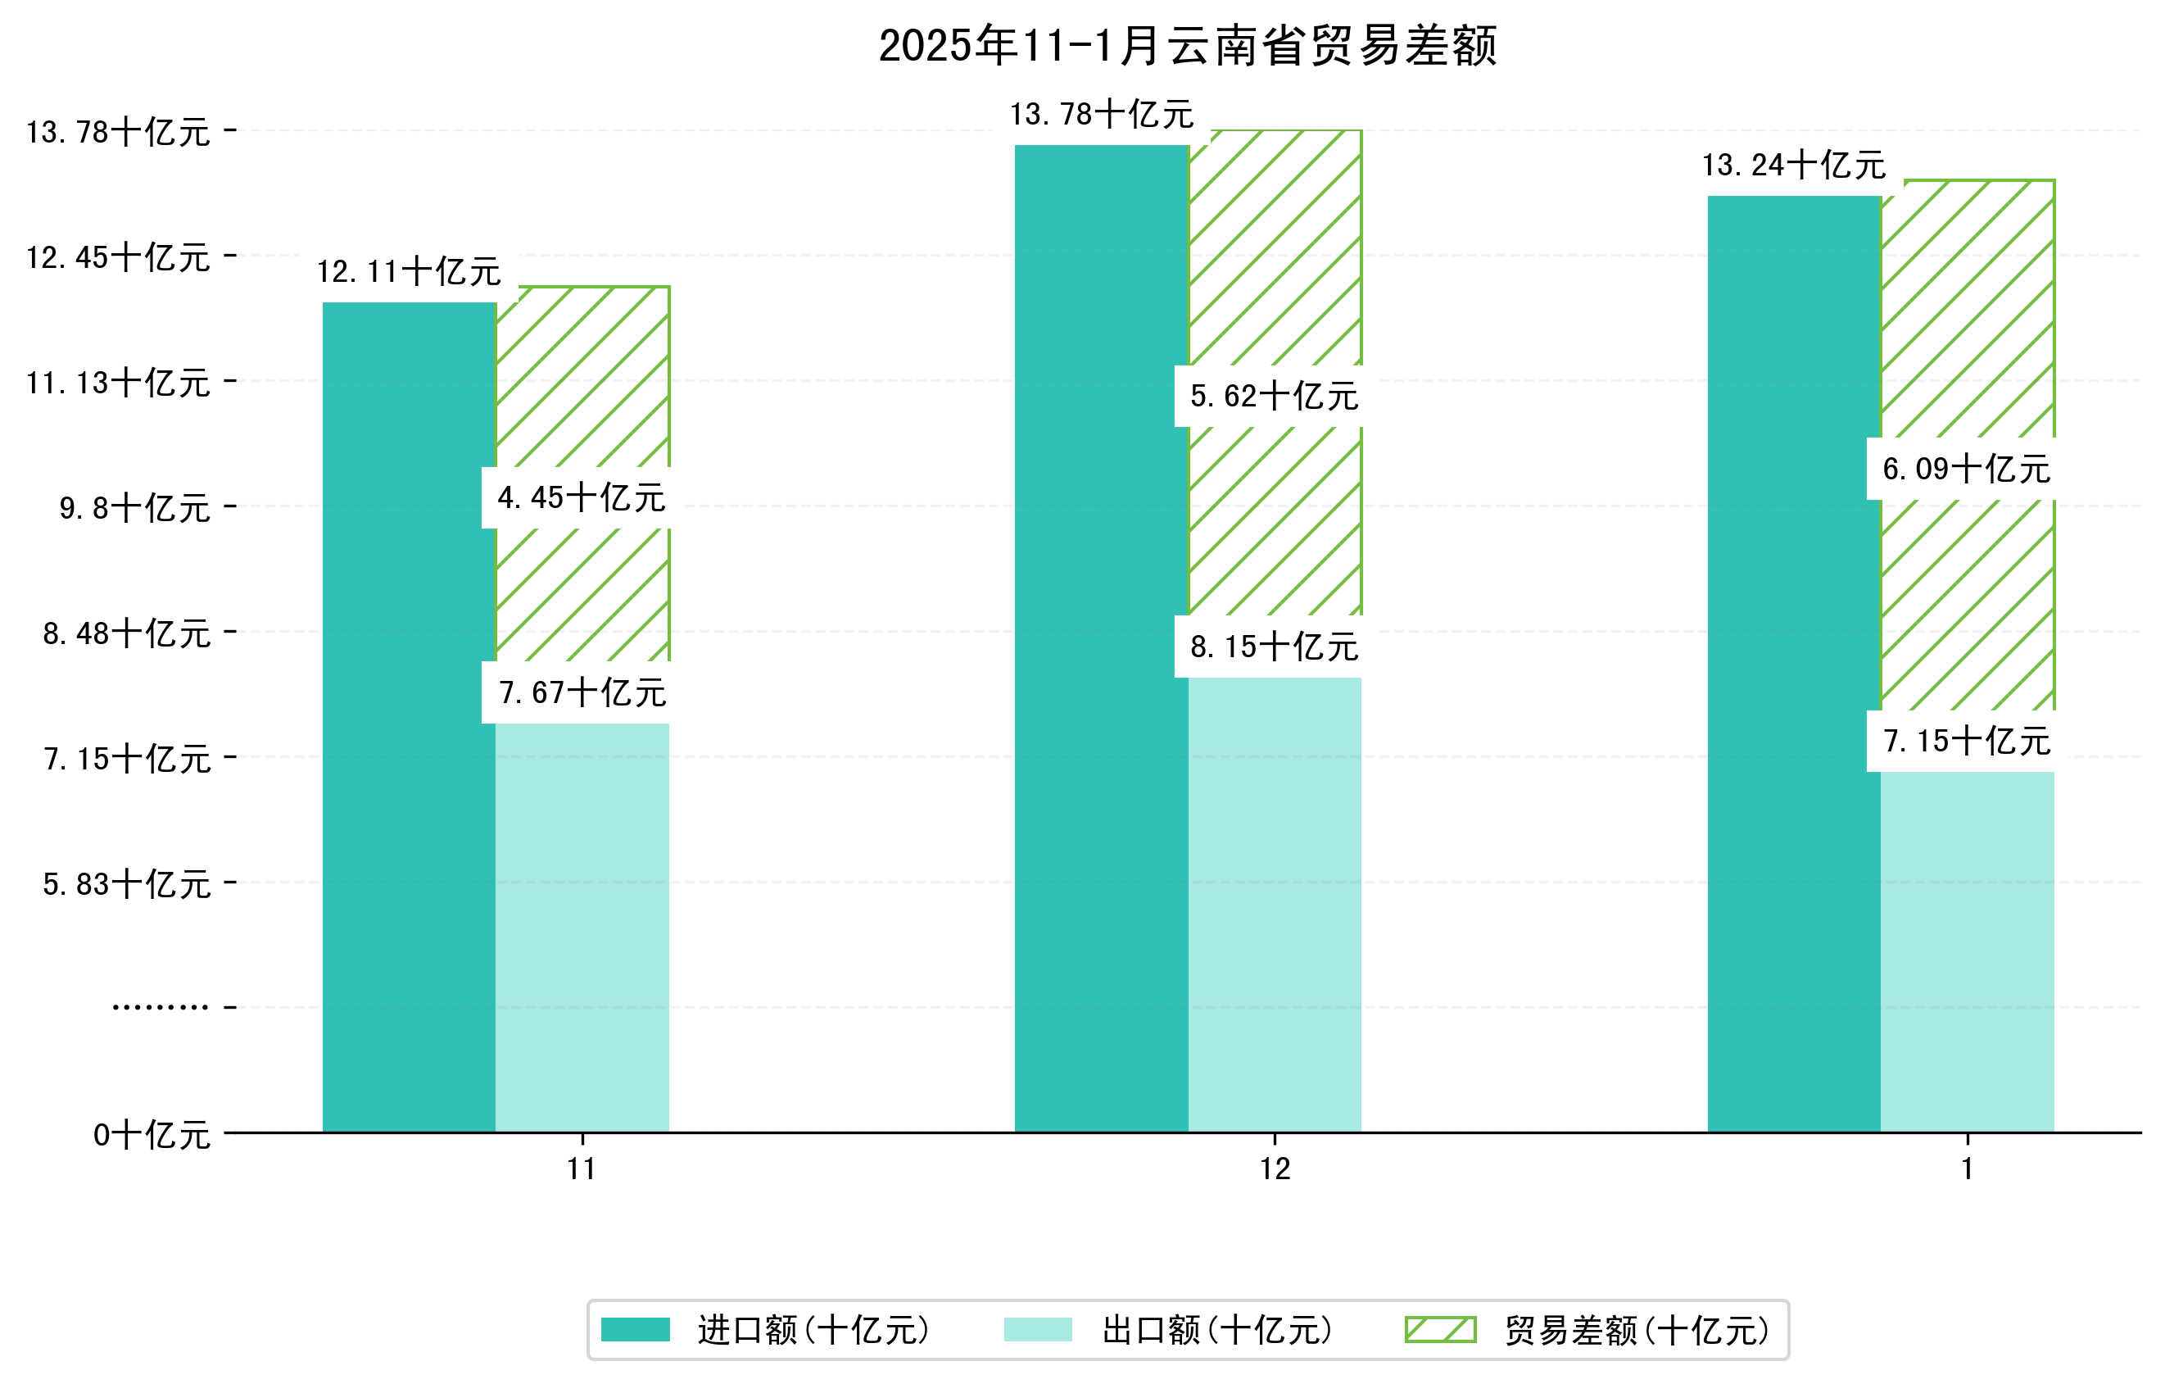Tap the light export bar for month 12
point(1274,904)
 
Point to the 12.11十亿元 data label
point(409,271)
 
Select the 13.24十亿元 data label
point(1794,165)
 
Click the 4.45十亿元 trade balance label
point(582,497)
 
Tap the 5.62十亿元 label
point(1274,396)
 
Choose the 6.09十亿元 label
point(1966,469)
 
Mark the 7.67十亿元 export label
point(582,692)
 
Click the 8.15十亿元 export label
point(1274,647)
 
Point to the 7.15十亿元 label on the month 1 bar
point(1966,741)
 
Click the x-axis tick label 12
point(1275,1169)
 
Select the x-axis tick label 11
point(582,1169)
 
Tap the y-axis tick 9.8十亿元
point(135,508)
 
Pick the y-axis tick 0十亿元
point(151,1135)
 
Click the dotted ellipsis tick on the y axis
point(160,1007)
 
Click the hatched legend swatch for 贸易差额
point(1440,1329)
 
